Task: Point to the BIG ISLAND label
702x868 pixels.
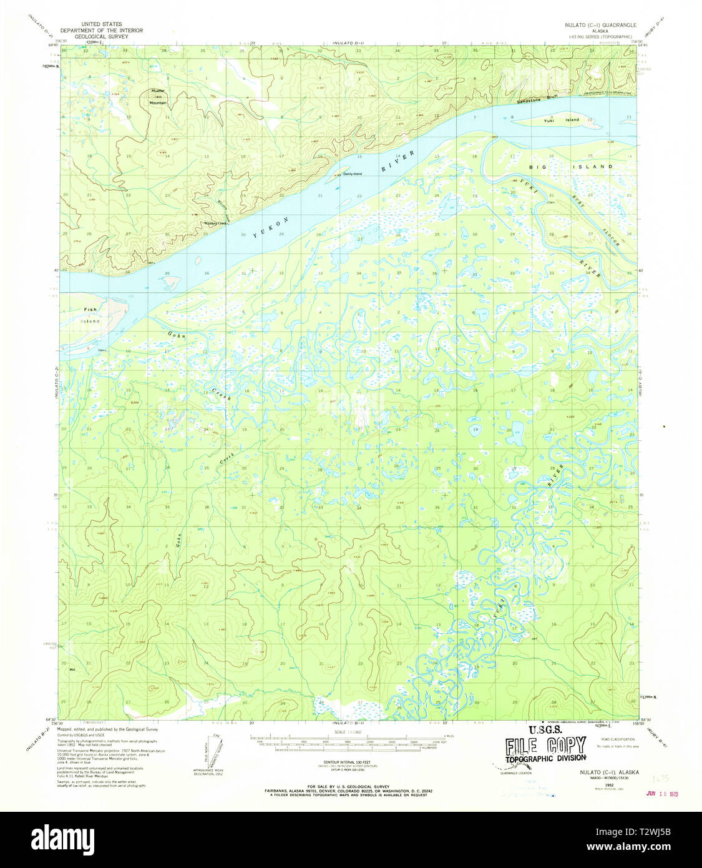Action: click(x=571, y=167)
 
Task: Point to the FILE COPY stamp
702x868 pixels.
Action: click(x=545, y=745)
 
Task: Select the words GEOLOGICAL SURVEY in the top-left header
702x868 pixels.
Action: click(x=100, y=36)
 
